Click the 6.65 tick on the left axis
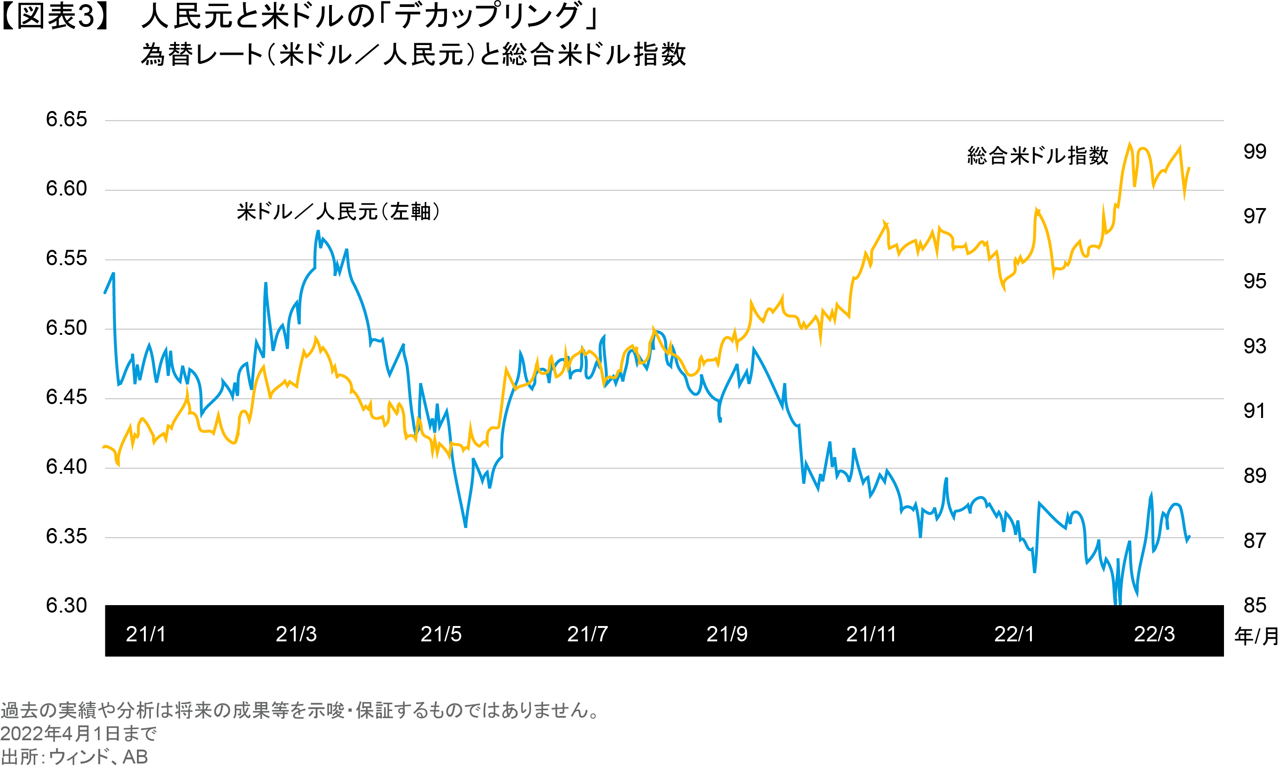pyautogui.click(x=66, y=120)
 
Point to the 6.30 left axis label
pyautogui.click(x=66, y=606)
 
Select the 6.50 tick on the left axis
pyautogui.click(x=66, y=328)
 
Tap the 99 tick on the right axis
pyautogui.click(x=1255, y=152)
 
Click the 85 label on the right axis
pyautogui.click(x=1255, y=606)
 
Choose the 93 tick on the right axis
pyautogui.click(x=1255, y=346)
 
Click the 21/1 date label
pyautogui.click(x=146, y=634)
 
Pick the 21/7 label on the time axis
pyautogui.click(x=587, y=634)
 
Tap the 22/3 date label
pyautogui.click(x=1154, y=634)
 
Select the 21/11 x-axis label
pyautogui.click(x=871, y=634)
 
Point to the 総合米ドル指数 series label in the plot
pyautogui.click(x=1038, y=156)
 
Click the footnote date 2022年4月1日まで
pyautogui.click(x=78, y=734)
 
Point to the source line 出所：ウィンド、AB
pyautogui.click(x=74, y=757)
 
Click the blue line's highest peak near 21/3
pyautogui.click(x=318, y=231)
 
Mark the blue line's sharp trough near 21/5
pyautogui.click(x=465, y=526)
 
